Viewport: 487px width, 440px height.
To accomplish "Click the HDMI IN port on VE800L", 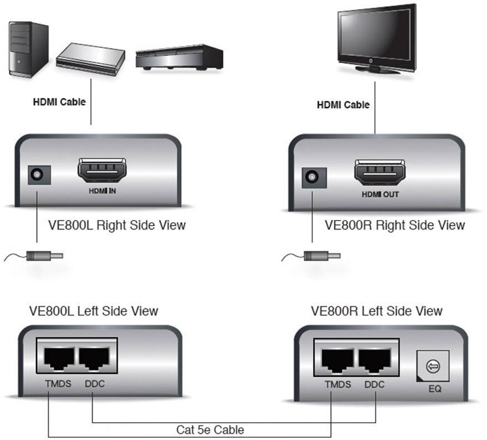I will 102,172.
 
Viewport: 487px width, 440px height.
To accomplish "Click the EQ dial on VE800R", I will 433,367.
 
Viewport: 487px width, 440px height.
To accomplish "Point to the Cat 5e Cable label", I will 210,429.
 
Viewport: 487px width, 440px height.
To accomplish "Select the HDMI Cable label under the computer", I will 59,102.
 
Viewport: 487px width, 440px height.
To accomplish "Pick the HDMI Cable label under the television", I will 343,104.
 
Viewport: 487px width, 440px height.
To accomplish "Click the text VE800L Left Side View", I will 94,311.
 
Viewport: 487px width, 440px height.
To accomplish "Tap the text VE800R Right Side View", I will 394,225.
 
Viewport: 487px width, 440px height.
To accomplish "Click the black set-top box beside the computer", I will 179,58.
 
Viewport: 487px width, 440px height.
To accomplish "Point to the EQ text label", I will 434,389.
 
